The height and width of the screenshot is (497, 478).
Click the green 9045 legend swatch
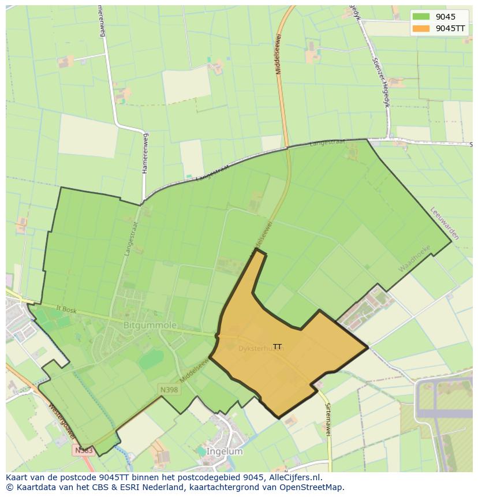(421, 17)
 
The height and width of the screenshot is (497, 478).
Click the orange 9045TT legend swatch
(421, 28)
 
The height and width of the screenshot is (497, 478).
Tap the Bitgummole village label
(150, 326)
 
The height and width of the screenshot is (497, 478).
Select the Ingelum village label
(224, 451)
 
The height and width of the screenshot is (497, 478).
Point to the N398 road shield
(169, 390)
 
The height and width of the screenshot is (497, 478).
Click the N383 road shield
(84, 450)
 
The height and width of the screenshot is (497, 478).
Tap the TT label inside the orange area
(278, 346)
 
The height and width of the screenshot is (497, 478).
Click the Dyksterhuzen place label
(261, 349)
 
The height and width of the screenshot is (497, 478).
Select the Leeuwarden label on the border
(445, 223)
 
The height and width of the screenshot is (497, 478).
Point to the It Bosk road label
(67, 310)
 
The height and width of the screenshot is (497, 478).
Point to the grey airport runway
(445, 413)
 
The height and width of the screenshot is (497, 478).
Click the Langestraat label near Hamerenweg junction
(213, 171)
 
